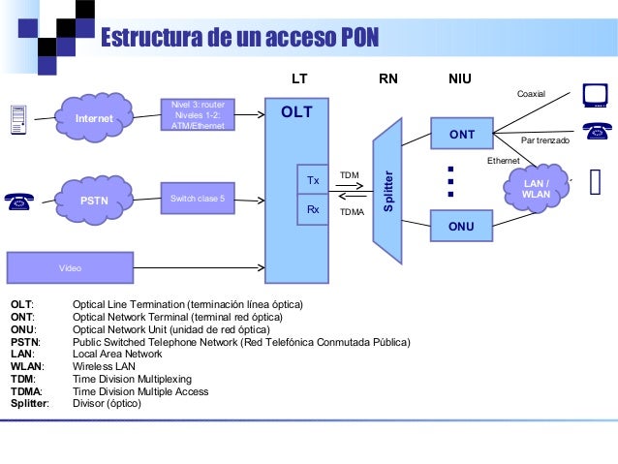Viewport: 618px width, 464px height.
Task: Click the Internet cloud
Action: point(94,117)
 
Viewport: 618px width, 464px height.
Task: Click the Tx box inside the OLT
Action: point(313,180)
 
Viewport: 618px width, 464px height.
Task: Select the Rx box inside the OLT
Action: point(313,209)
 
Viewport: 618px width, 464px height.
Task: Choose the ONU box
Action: point(461,227)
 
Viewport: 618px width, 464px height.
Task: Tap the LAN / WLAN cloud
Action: point(536,188)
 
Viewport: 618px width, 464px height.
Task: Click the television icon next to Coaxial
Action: point(593,94)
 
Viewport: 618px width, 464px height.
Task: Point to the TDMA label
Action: point(352,210)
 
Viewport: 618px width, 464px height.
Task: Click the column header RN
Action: point(387,77)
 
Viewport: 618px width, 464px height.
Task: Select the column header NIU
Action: point(460,77)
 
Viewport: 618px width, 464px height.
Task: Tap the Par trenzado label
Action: point(545,141)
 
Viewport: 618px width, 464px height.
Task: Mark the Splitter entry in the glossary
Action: point(29,402)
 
